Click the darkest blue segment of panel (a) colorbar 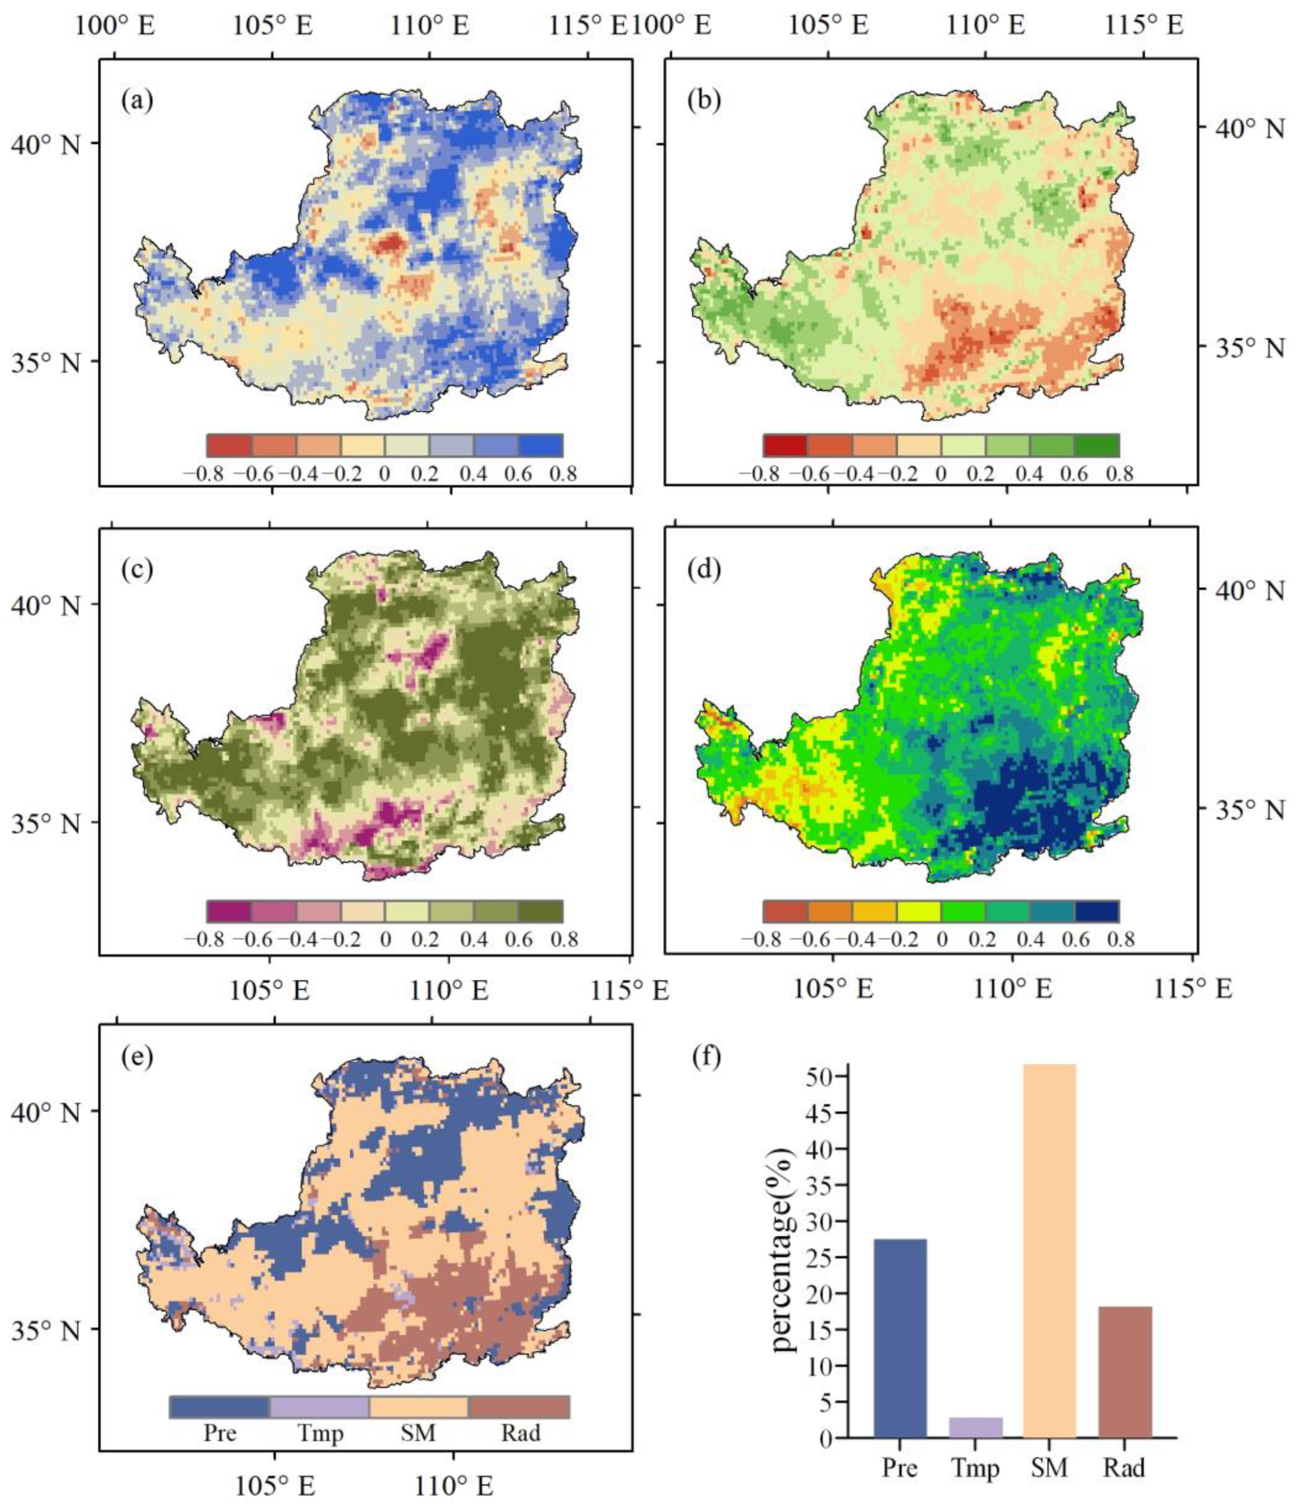pos(540,445)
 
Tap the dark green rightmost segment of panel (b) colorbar pos(1097,445)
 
